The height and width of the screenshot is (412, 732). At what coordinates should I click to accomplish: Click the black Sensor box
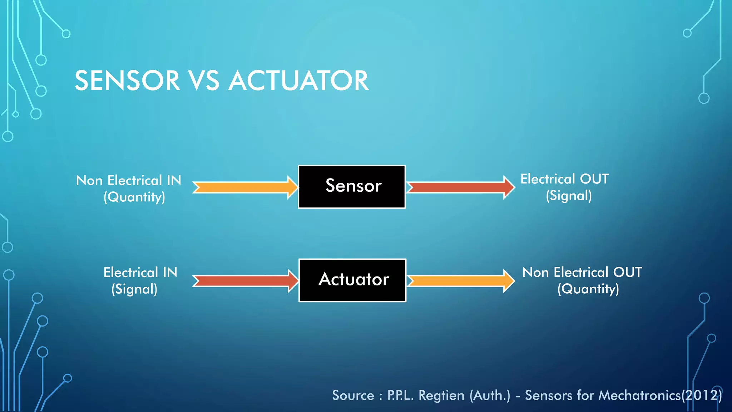tap(352, 187)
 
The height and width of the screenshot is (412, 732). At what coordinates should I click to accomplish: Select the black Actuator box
tap(352, 280)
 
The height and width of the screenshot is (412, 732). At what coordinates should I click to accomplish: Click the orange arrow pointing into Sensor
tap(245, 187)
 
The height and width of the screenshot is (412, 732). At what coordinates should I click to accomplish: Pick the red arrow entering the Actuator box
tap(245, 281)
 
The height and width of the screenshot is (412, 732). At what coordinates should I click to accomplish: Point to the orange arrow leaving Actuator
tap(460, 281)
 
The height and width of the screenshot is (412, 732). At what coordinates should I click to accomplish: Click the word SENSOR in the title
tap(127, 81)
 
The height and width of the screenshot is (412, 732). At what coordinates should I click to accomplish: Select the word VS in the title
tap(204, 81)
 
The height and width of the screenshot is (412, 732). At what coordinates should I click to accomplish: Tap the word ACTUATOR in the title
tap(298, 81)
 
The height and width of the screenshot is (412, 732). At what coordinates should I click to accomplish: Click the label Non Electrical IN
tap(129, 181)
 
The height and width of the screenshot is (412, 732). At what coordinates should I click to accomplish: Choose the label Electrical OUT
tap(564, 179)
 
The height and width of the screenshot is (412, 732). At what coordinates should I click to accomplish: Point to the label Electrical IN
tap(140, 273)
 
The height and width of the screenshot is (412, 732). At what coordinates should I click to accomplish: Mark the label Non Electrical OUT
tap(582, 273)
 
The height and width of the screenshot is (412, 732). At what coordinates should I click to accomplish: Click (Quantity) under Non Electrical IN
tap(134, 197)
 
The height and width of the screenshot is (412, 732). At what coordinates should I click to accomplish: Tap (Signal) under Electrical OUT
tap(569, 196)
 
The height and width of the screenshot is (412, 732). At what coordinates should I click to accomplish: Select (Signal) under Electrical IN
tap(134, 289)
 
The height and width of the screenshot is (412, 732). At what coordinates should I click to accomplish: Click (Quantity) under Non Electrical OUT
tap(588, 289)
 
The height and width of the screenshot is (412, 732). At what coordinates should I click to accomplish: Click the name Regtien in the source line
tap(441, 396)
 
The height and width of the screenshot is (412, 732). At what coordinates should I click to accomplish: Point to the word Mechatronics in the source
tap(640, 396)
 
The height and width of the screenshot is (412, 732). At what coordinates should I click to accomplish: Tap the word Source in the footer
tap(353, 396)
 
